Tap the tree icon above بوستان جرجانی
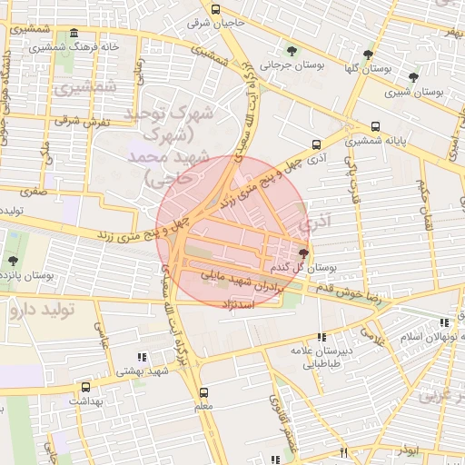click(292, 51)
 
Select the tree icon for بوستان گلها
click(368, 54)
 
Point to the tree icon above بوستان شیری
click(413, 78)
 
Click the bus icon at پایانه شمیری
click(375, 127)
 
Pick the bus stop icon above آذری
click(316, 143)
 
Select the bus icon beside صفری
click(64, 192)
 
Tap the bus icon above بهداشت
click(85, 386)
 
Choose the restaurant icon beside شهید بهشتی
click(141, 358)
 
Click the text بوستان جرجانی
click(289, 64)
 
